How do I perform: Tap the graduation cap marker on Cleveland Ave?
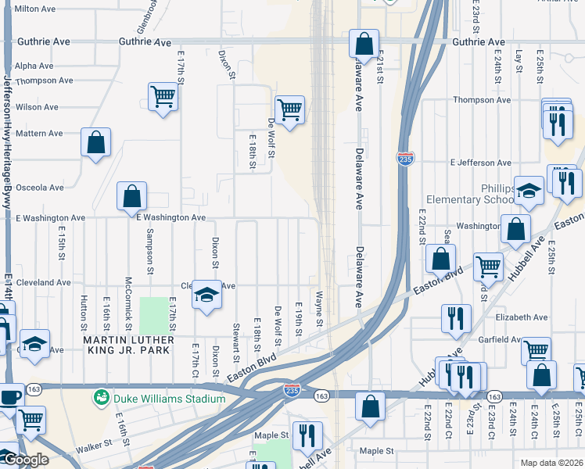(206, 295)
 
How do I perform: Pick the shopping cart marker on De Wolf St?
(289, 110)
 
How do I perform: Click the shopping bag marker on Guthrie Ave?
(364, 44)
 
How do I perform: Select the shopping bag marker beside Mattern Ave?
(95, 142)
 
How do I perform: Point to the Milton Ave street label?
(35, 9)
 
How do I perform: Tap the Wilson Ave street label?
(37, 107)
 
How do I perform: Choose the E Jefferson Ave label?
(481, 163)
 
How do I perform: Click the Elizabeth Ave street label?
(522, 317)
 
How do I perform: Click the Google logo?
(26, 460)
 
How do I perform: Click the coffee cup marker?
(10, 396)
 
